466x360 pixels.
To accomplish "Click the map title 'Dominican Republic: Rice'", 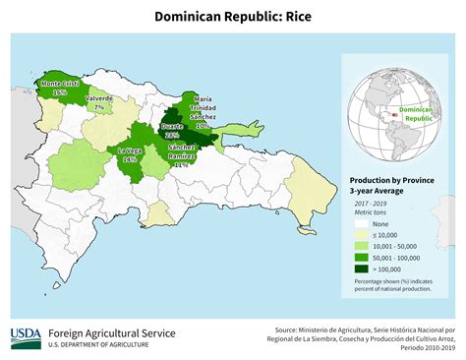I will tap(232, 17).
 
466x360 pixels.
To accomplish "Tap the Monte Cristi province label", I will tap(60, 87).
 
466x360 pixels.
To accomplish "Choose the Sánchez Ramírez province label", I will tap(181, 155).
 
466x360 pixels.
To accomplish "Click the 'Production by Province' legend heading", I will tap(394, 181).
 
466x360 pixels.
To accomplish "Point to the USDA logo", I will tap(26, 338).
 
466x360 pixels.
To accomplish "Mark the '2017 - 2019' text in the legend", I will tap(373, 204).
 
